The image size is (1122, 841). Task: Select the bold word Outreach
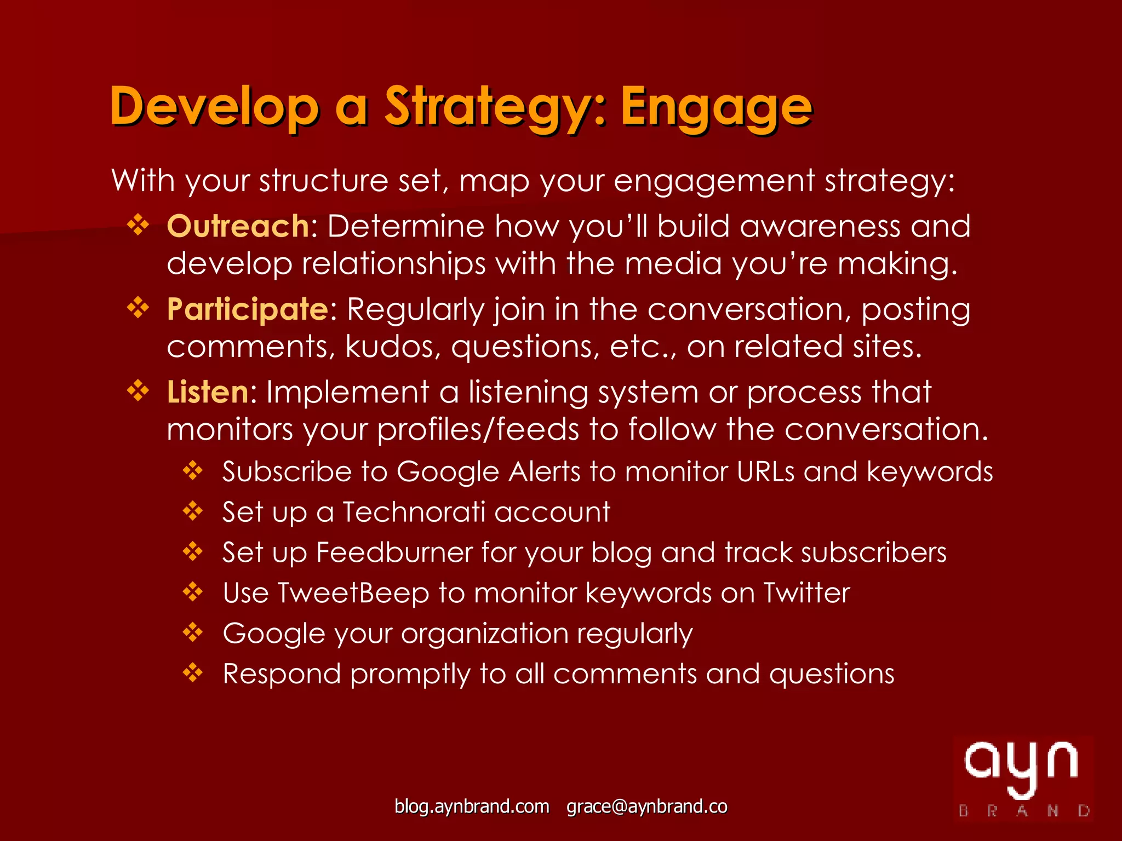pos(238,226)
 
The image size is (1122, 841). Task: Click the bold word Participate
pos(248,309)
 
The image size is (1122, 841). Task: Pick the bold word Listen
pos(208,393)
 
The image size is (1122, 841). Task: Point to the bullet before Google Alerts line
pos(193,471)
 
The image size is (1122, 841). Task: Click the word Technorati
pos(414,512)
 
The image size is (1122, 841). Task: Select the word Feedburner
pos(394,552)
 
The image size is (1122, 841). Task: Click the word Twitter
pos(806,593)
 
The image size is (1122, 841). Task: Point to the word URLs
pos(765,471)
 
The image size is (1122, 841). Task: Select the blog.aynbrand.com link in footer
pos(472,807)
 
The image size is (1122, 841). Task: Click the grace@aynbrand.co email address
pos(646,807)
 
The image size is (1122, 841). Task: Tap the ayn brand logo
pos(1023,778)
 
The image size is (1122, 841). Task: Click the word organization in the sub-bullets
pos(484,633)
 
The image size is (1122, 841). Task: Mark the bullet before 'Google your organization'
pos(193,633)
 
